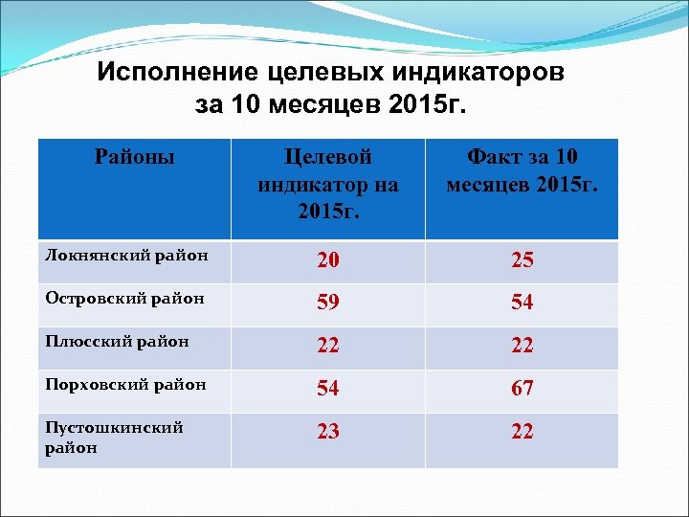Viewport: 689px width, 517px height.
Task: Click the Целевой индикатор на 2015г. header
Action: click(x=328, y=183)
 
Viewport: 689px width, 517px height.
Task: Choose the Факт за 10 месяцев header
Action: click(x=522, y=169)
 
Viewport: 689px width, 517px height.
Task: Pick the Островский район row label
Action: click(x=125, y=298)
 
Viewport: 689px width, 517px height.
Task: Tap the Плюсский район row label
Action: click(x=117, y=341)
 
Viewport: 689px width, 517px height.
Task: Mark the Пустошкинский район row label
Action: click(x=114, y=438)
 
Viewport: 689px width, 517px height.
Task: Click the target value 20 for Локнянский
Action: click(x=328, y=260)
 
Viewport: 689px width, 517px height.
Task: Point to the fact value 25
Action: click(x=522, y=260)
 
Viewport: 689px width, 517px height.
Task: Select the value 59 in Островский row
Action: click(x=328, y=303)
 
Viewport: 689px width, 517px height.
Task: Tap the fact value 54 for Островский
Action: click(x=522, y=303)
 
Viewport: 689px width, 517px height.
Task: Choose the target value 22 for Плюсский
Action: click(x=328, y=346)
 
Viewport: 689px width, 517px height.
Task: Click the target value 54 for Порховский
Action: click(x=328, y=389)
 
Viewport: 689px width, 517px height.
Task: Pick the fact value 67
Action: click(x=522, y=389)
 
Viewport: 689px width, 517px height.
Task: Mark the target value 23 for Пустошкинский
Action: click(x=328, y=432)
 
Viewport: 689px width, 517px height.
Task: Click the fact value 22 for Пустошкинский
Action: click(x=522, y=432)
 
